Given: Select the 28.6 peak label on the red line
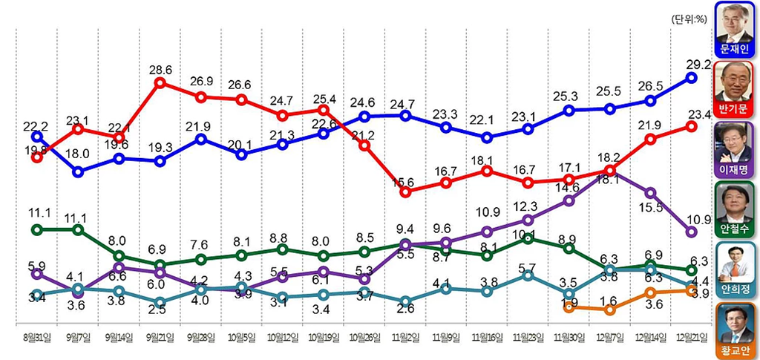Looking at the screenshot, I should tap(160, 69).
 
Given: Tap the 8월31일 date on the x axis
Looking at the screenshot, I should tap(37, 337).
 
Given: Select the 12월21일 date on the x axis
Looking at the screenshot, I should tap(691, 337).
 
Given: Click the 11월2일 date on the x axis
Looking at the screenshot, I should tap(405, 337).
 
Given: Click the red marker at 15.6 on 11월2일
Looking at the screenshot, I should tap(405, 192).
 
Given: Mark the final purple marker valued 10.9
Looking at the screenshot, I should tap(691, 232).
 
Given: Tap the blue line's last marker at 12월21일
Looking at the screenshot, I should tap(691, 77).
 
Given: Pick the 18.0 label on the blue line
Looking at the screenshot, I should tap(79, 154).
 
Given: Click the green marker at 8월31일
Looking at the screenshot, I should tap(37, 229).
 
